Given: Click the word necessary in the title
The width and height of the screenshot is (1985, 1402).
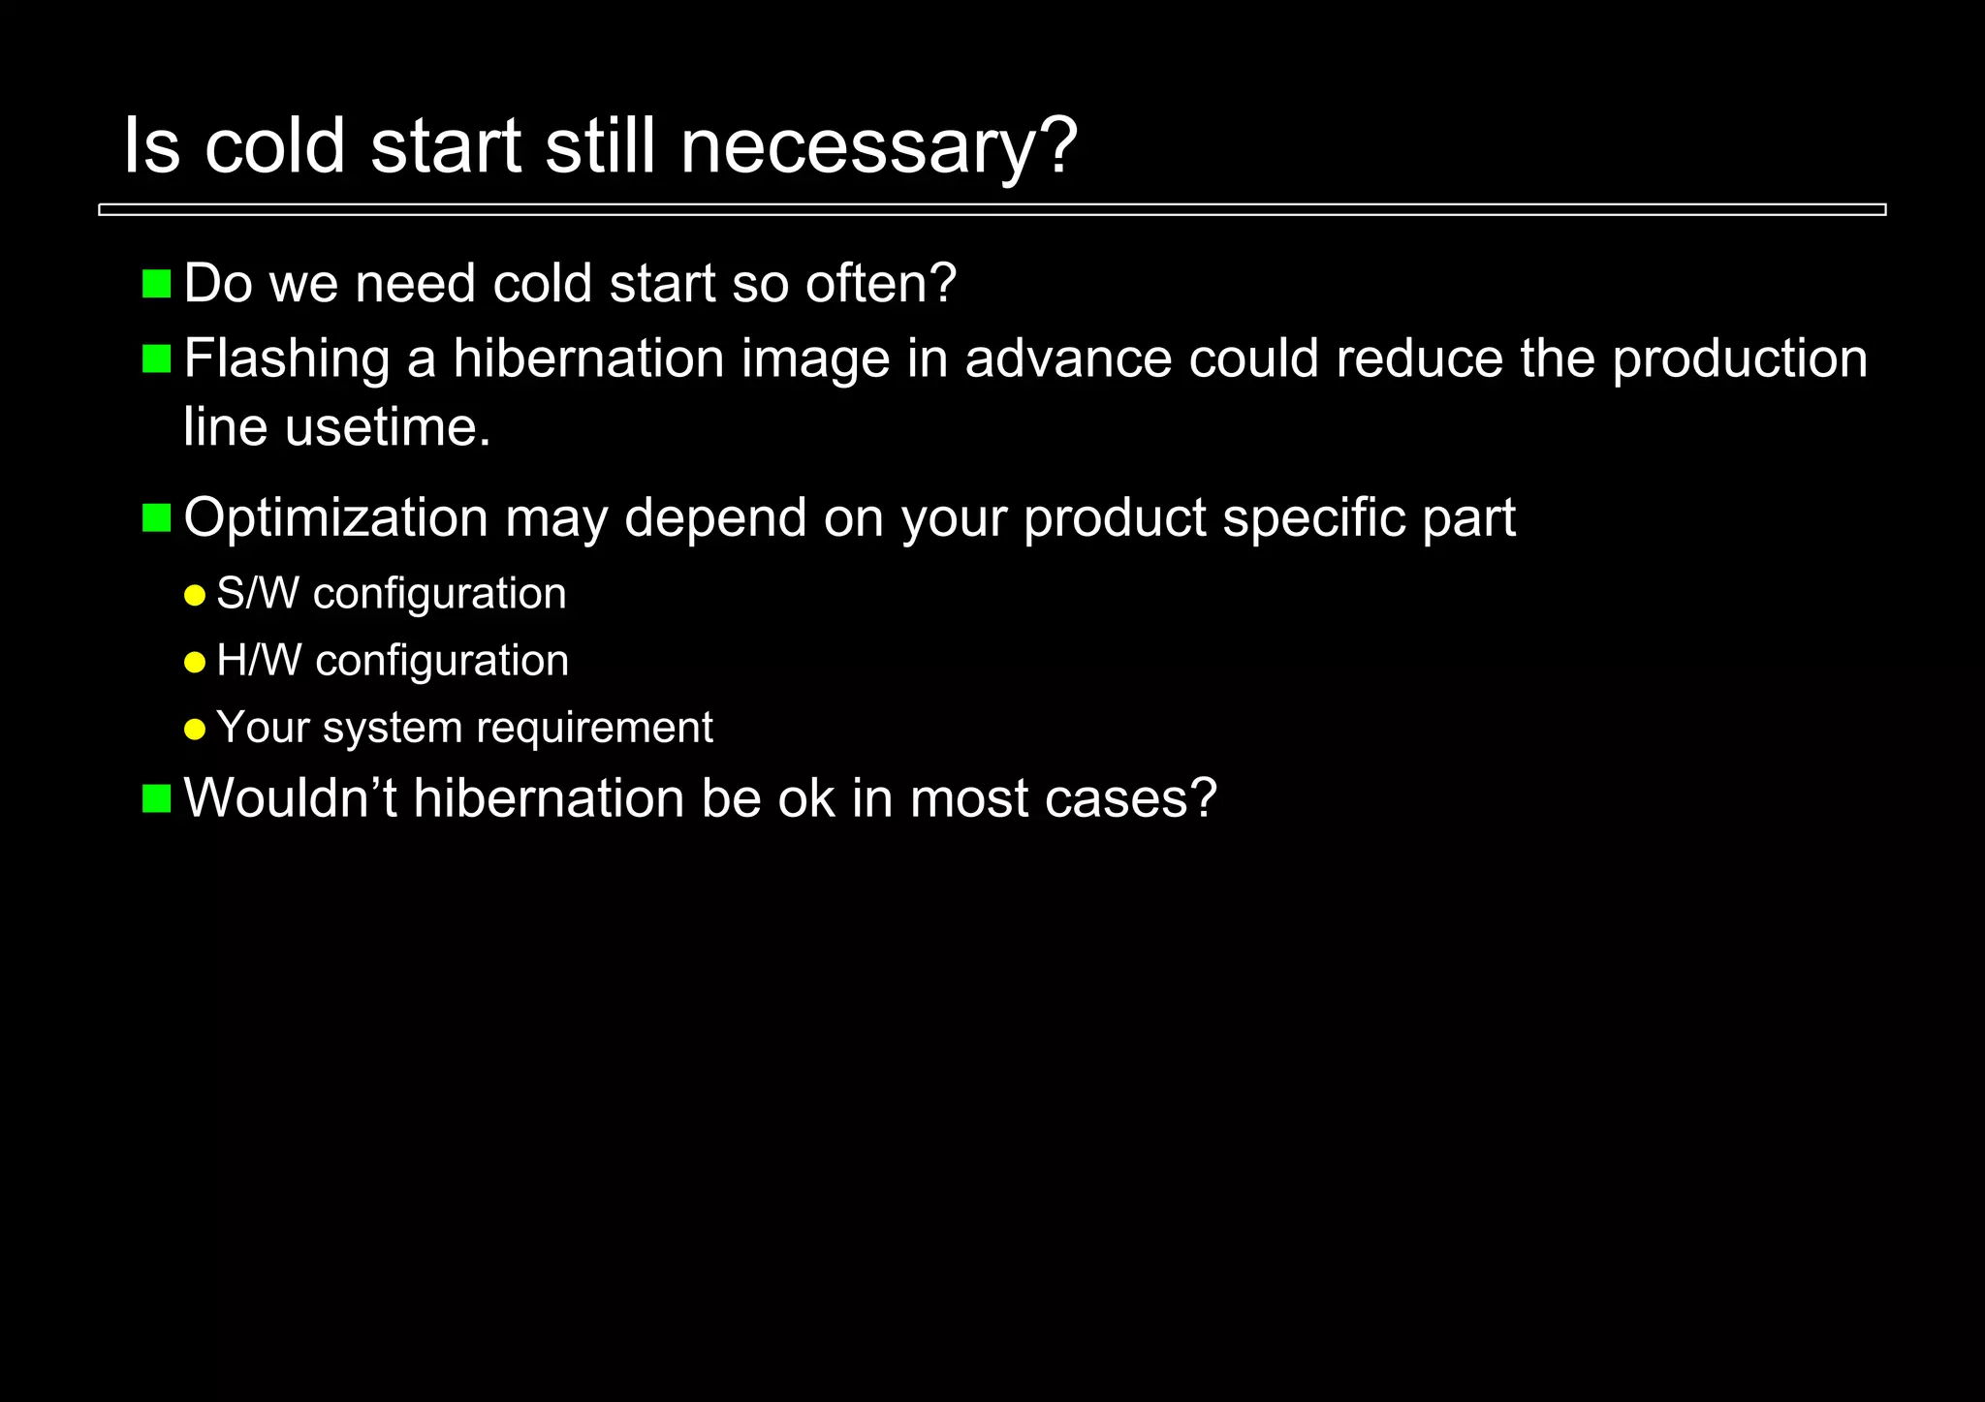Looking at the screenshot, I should click(878, 147).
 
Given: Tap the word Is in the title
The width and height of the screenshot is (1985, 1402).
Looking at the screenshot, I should click(151, 147).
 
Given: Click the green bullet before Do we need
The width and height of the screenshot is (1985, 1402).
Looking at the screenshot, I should click(156, 284).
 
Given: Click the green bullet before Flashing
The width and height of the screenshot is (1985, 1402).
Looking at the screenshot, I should click(156, 358).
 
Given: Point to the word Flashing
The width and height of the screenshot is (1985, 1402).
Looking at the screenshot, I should click(287, 358).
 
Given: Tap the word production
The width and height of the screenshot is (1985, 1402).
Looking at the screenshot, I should click(1740, 358).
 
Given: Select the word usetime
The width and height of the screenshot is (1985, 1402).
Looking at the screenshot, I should click(388, 426).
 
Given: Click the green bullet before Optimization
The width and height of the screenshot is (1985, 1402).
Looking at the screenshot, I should click(156, 518).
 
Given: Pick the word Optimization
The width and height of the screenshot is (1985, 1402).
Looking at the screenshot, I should click(335, 517).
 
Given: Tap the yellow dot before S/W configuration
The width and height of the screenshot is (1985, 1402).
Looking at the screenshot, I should click(195, 595).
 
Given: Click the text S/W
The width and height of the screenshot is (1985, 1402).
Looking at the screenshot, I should click(258, 593).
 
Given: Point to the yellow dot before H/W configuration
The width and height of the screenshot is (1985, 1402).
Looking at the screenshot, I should click(195, 663).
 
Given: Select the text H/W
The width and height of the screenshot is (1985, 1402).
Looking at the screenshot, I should click(259, 661).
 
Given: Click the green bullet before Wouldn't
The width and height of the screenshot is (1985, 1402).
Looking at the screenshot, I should click(156, 799).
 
